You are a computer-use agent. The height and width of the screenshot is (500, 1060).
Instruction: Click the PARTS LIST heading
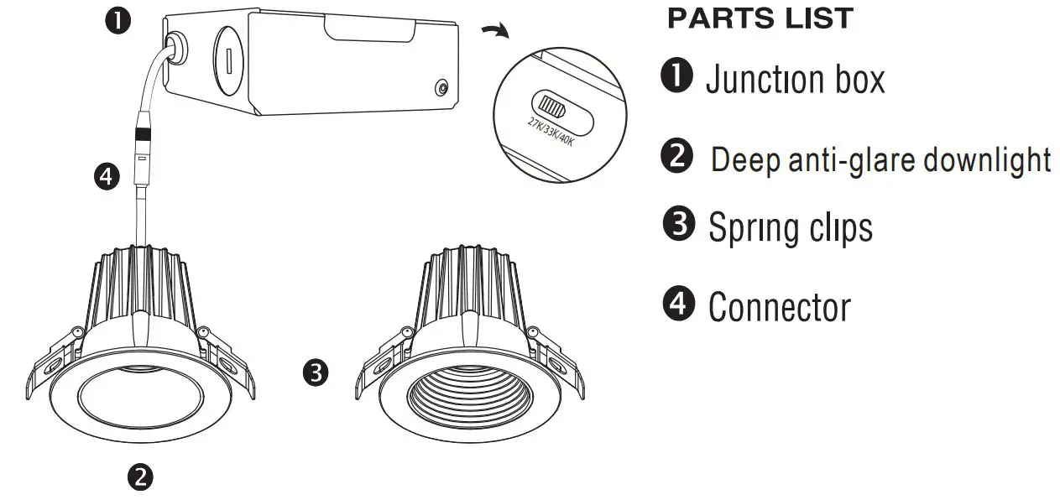tap(760, 19)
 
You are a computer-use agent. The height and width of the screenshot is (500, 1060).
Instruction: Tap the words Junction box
tap(795, 80)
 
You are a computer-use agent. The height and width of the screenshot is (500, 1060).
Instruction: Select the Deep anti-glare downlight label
tap(880, 159)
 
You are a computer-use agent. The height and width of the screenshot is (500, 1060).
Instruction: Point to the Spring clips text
tap(790, 227)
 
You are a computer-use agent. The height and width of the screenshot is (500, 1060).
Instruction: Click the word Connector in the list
tap(779, 307)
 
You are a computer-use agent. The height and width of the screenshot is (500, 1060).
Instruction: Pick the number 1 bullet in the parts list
tap(676, 78)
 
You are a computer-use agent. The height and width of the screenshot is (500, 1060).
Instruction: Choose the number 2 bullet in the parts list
tap(676, 157)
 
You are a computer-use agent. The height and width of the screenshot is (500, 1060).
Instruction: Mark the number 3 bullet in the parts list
tap(676, 225)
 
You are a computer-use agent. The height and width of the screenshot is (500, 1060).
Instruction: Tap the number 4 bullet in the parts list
tap(676, 303)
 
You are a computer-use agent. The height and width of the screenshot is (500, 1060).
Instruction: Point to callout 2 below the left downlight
tap(139, 477)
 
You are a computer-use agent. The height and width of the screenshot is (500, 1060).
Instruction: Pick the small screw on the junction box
tap(441, 88)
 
